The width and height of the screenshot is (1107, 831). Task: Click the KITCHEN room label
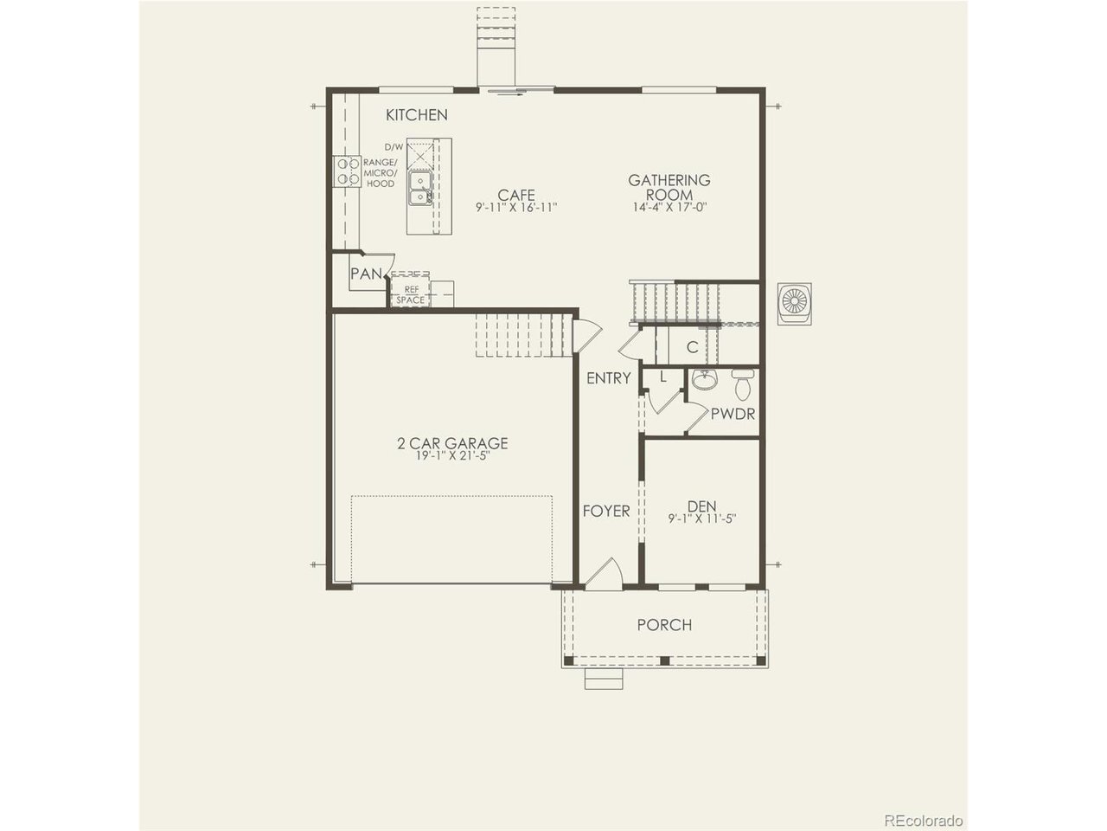point(417,115)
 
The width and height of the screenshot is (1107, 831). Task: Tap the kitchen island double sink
point(420,188)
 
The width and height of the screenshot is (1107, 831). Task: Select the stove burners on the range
point(347,171)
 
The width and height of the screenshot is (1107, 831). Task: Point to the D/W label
point(394,147)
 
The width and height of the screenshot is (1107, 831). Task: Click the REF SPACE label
point(411,295)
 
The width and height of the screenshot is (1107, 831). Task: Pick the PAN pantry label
point(366,274)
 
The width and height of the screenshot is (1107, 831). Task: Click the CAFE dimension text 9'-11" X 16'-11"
point(516,208)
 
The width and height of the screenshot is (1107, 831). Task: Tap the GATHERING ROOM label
point(669,187)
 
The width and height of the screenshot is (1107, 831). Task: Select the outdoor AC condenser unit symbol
point(794,303)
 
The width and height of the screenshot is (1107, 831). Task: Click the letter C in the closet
point(693,347)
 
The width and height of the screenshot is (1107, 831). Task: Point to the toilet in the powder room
point(743,384)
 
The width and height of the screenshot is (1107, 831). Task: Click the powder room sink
point(704,379)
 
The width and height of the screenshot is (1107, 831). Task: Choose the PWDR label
point(733,415)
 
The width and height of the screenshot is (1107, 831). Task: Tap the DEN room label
point(702,506)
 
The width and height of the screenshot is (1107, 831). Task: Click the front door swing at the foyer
point(604,574)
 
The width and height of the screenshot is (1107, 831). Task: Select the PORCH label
point(665,625)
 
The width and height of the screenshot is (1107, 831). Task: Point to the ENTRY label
point(609,378)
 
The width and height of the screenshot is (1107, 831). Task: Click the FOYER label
point(606,511)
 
